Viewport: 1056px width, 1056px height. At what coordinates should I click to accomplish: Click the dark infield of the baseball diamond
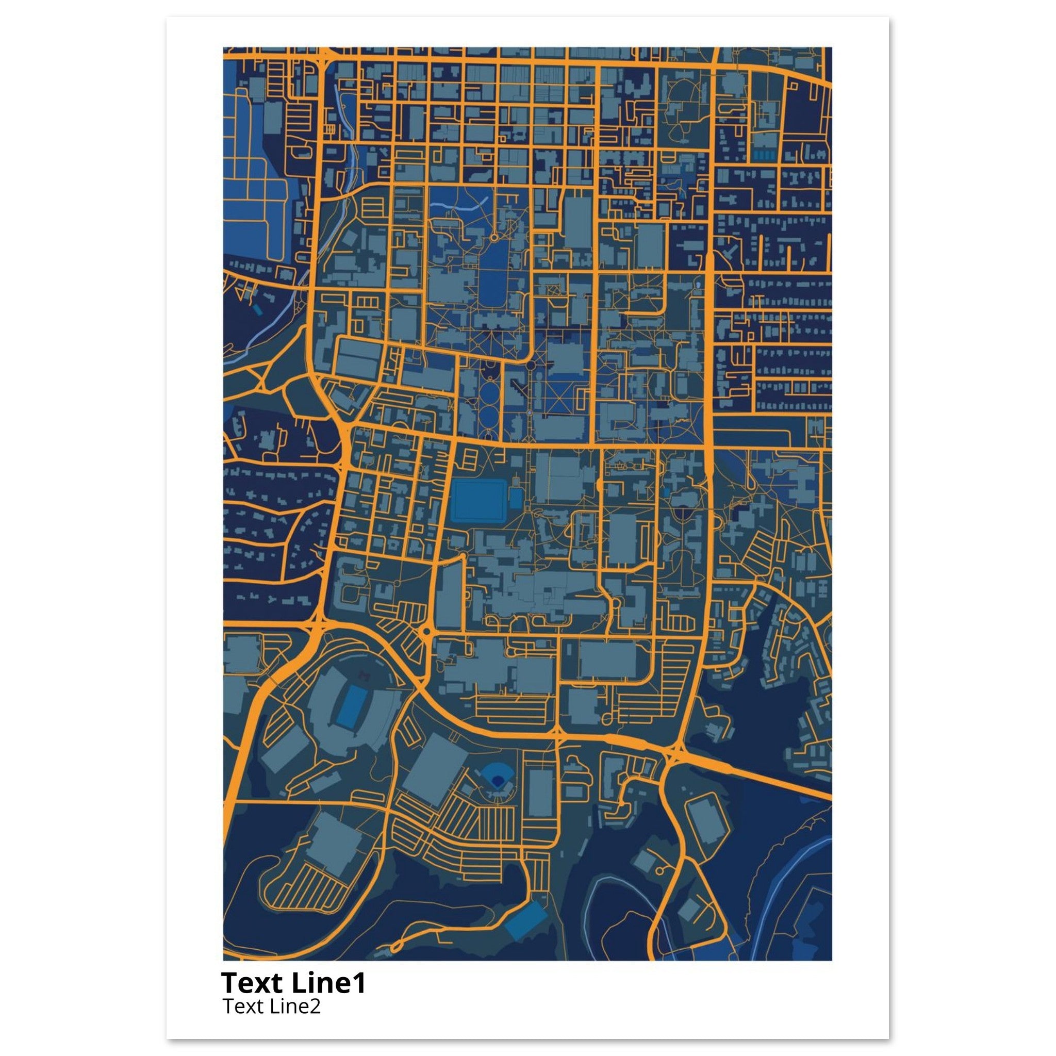click(497, 781)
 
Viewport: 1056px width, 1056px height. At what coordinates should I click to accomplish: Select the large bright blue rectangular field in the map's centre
click(479, 500)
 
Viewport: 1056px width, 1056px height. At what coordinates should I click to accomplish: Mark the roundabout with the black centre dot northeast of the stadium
click(426, 631)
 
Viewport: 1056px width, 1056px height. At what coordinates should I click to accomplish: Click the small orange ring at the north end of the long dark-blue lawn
click(493, 238)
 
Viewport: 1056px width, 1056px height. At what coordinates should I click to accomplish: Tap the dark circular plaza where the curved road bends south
click(530, 364)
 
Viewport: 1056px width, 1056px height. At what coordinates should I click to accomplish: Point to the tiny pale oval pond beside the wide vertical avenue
click(698, 285)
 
